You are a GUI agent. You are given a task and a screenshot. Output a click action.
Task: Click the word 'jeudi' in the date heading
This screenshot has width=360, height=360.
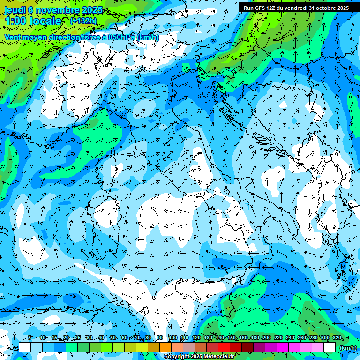point(15,10)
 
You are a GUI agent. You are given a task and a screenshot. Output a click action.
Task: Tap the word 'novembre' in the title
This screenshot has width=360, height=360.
point(57,10)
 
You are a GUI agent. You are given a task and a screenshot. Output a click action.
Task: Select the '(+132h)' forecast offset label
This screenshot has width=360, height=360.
point(83,21)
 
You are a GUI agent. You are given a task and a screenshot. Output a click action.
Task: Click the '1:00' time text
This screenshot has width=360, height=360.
point(15,21)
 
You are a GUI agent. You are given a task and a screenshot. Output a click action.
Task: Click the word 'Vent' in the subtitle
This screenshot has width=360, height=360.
point(14,37)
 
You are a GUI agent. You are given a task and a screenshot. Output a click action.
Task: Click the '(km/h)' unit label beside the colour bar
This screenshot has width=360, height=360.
point(348,347)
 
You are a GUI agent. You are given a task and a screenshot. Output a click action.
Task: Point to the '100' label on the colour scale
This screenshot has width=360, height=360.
point(172,338)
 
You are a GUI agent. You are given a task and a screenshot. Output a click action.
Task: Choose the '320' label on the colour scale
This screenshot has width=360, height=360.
point(337,338)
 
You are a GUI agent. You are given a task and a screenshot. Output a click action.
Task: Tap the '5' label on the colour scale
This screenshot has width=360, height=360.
point(30,338)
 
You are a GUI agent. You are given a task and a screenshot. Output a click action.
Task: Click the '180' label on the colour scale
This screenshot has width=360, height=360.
point(255,338)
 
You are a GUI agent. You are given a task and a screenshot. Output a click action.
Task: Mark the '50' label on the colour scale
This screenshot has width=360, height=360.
point(113,338)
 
